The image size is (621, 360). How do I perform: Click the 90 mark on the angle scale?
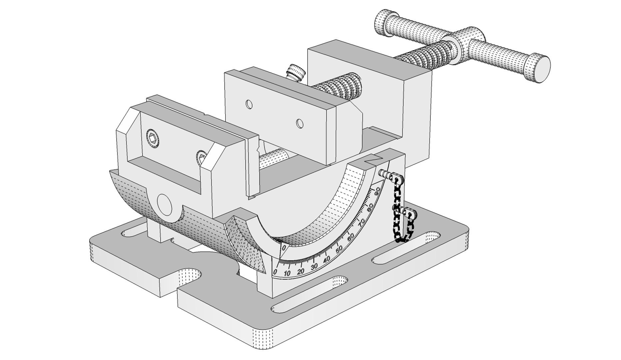pyautogui.click(x=377, y=191)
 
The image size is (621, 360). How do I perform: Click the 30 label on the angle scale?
pyautogui.click(x=314, y=267)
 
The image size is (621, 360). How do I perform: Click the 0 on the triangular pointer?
pyautogui.click(x=284, y=248)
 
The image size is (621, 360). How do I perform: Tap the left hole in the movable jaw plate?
pyautogui.click(x=249, y=104)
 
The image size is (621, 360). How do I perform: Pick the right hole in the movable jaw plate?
pyautogui.click(x=300, y=124)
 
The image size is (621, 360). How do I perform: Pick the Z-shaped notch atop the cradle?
pyautogui.click(x=372, y=159)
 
